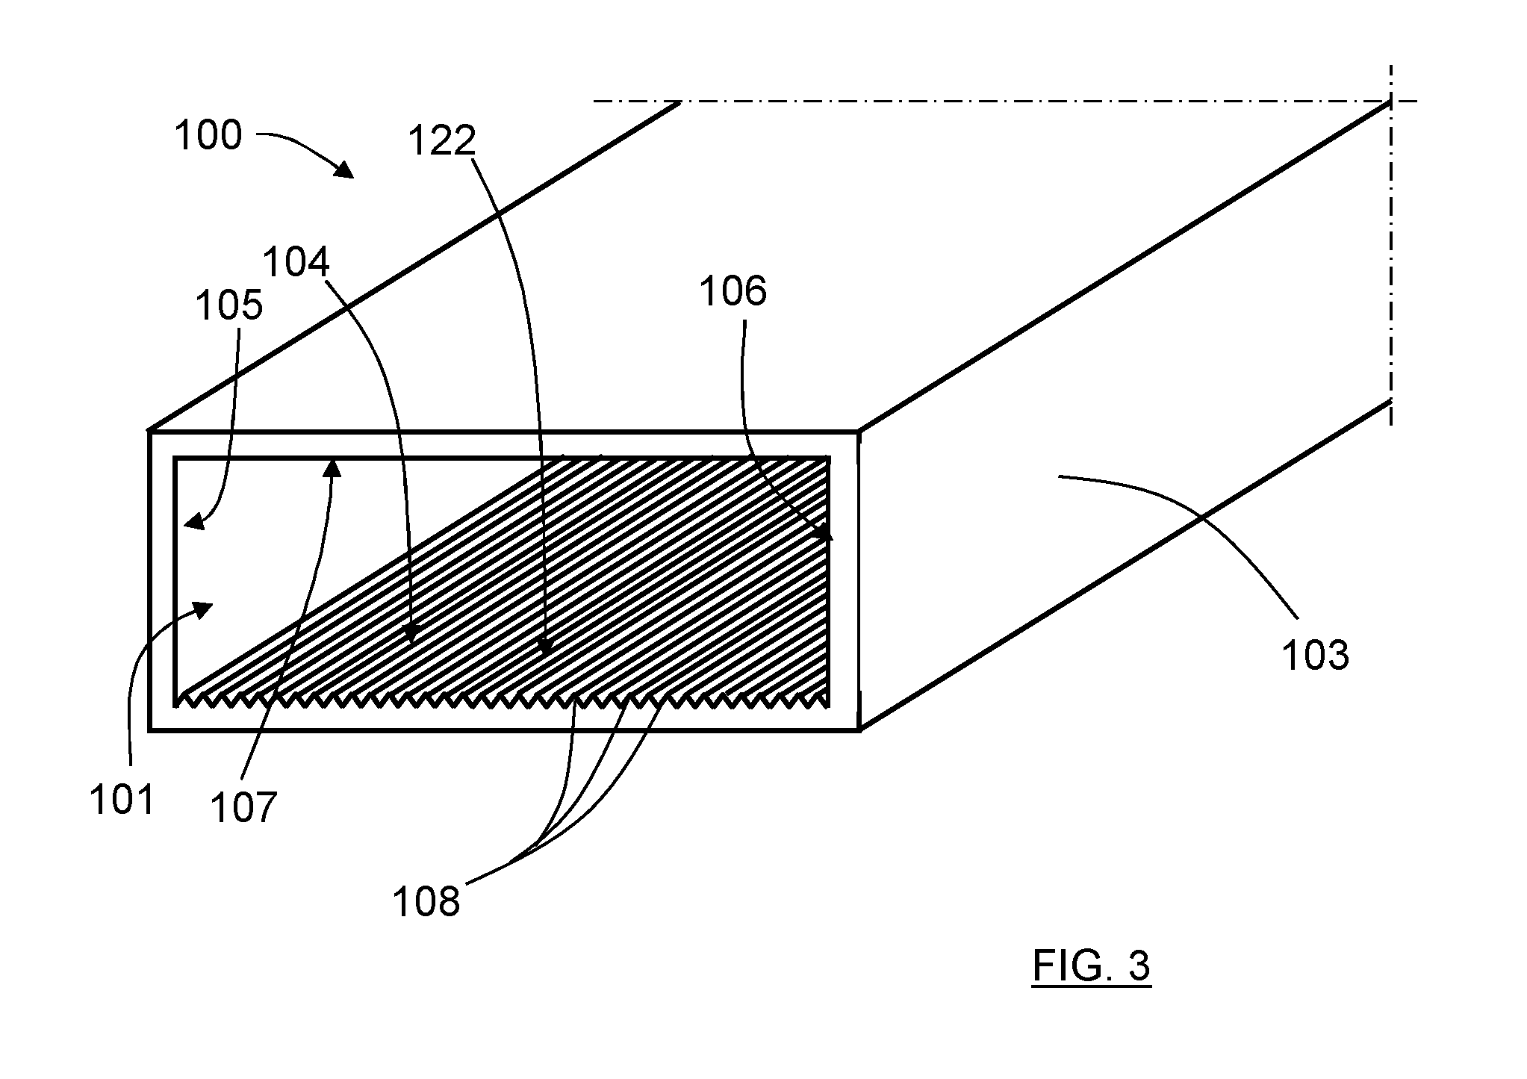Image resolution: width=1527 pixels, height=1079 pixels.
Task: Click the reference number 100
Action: click(x=208, y=135)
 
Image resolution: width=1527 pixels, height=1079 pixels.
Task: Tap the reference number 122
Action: click(x=442, y=140)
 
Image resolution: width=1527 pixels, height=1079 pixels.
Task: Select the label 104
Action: click(x=296, y=262)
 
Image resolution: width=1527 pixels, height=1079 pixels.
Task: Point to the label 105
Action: click(x=229, y=305)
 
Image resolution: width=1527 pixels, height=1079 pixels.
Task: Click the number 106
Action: click(x=733, y=290)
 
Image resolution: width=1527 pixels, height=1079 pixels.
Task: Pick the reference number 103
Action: click(x=1316, y=656)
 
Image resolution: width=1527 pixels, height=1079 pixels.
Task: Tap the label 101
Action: click(x=122, y=800)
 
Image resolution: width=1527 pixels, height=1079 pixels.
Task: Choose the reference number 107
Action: click(x=243, y=807)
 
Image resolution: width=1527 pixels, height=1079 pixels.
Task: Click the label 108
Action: click(x=426, y=901)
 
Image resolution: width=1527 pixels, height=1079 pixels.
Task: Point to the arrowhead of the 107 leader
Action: click(x=332, y=468)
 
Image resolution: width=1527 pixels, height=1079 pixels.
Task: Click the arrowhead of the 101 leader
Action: click(x=203, y=609)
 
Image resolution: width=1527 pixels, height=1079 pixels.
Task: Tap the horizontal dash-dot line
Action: click(x=1005, y=101)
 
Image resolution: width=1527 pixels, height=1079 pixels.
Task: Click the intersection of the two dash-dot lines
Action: click(x=1391, y=101)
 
